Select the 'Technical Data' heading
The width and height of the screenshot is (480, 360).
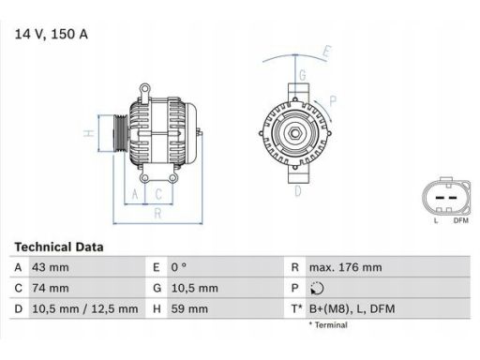point(59,247)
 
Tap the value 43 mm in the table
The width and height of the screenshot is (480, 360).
point(51,267)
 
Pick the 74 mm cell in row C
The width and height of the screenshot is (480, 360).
point(51,288)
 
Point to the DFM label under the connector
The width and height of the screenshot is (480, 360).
point(459,220)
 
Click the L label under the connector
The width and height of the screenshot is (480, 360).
point(436,220)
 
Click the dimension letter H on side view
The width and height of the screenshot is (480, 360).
point(88,133)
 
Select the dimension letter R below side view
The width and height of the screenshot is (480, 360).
point(157,213)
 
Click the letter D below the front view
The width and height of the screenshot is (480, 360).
point(298,191)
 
